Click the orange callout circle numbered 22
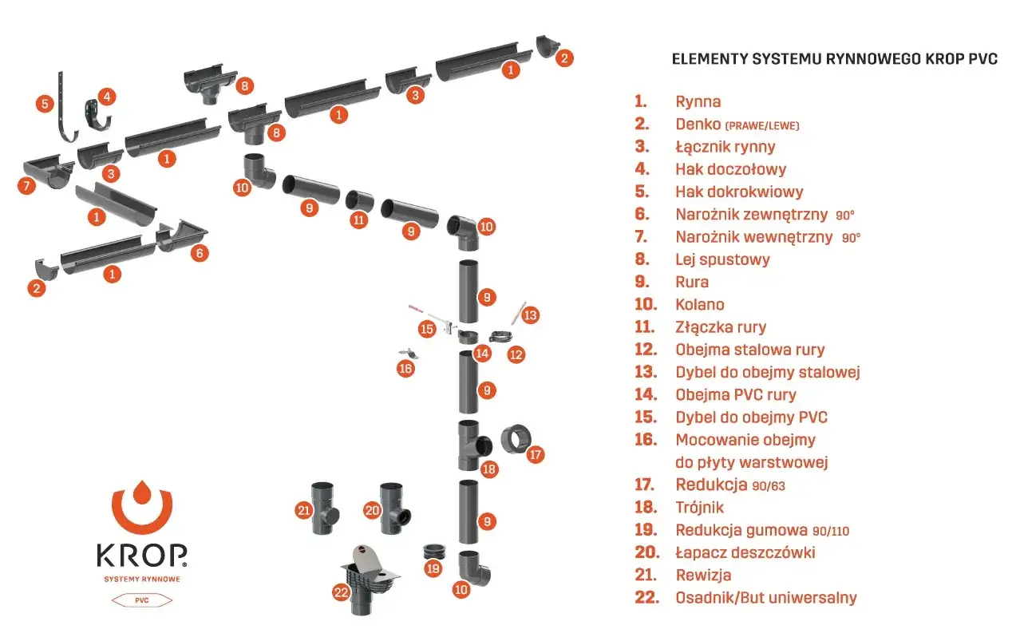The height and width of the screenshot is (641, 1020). [341, 592]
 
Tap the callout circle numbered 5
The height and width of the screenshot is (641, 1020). [45, 104]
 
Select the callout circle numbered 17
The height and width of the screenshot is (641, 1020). [535, 454]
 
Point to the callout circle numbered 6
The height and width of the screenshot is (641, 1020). [200, 253]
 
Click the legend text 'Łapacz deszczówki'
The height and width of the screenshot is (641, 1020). [745, 552]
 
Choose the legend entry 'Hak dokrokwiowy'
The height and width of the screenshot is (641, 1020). [739, 192]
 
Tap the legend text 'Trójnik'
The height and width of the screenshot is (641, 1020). [699, 508]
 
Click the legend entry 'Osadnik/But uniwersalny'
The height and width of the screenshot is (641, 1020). [766, 598]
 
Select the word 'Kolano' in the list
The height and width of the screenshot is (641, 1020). [699, 304]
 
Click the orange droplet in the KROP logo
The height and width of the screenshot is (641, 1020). [142, 492]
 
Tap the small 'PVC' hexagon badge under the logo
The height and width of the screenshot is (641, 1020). [142, 600]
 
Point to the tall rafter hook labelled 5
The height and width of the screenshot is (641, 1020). [66, 108]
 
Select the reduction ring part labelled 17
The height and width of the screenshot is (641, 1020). [515, 439]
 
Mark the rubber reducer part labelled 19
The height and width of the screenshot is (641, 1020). [434, 552]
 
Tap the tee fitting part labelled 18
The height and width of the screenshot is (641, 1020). [473, 445]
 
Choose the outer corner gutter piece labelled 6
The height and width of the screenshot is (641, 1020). [181, 235]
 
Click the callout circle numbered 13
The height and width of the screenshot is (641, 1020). [530, 315]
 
